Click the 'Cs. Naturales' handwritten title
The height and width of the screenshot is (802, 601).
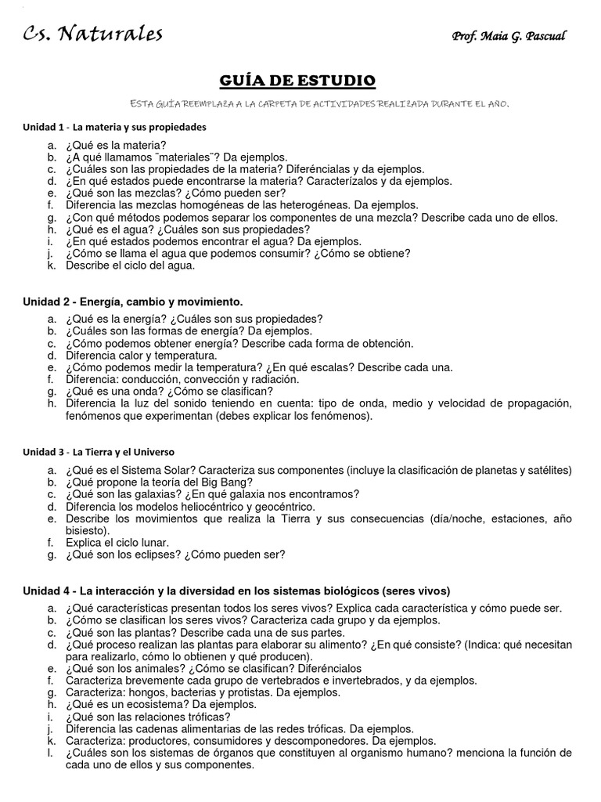click(92, 34)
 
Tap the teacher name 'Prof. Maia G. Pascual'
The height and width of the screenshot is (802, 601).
click(509, 37)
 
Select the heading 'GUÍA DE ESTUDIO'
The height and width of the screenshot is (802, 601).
click(300, 81)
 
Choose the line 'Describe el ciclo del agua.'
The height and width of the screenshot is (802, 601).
click(130, 266)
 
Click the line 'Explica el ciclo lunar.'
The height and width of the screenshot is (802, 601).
click(117, 542)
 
